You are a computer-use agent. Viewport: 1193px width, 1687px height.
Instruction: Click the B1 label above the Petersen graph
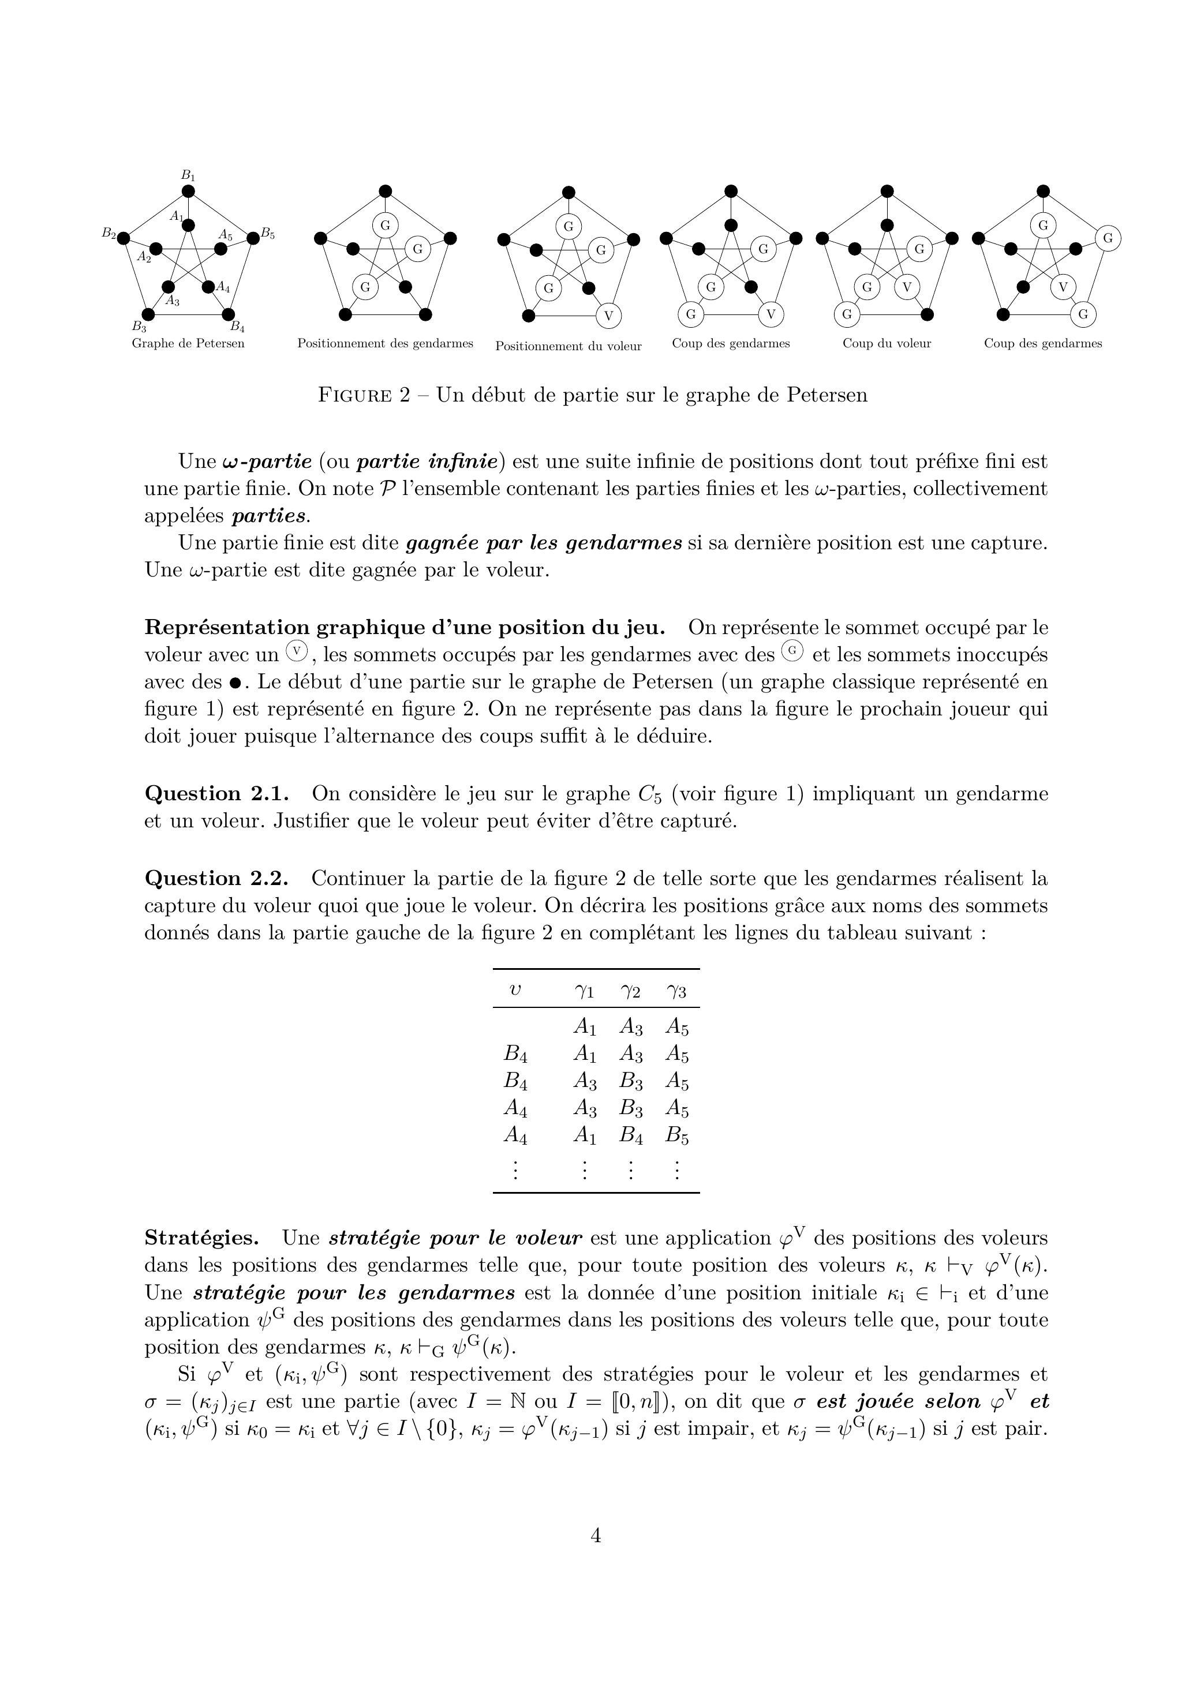[188, 175]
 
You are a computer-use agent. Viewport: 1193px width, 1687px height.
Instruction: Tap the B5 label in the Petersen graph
[268, 235]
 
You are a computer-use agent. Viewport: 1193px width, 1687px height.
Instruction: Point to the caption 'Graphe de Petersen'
[188, 343]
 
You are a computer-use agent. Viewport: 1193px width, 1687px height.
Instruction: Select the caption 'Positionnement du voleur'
[568, 346]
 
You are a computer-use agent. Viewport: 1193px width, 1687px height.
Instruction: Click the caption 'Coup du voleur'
[887, 343]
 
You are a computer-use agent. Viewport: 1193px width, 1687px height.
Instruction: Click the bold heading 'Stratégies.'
[201, 1238]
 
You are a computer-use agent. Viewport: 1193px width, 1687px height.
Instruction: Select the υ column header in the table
[515, 991]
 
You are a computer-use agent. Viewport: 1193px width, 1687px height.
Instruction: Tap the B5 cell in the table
[677, 1136]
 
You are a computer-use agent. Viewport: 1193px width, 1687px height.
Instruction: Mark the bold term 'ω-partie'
[266, 462]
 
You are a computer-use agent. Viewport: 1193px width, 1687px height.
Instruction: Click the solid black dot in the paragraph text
[235, 683]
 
